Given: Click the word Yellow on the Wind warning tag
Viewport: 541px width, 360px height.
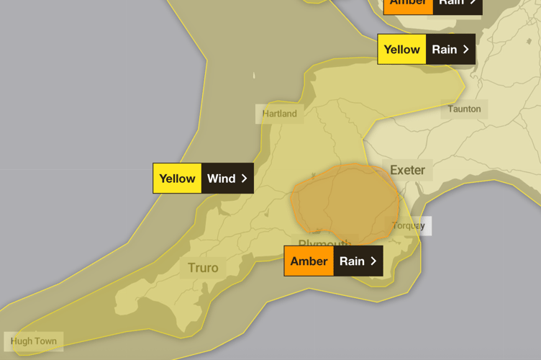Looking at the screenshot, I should coord(177,179).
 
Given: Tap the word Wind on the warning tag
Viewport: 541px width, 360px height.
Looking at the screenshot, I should coord(221,179).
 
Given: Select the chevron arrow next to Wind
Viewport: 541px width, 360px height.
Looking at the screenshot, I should coord(245,179).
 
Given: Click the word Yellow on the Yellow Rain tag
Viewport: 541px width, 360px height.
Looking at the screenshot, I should coord(401,50).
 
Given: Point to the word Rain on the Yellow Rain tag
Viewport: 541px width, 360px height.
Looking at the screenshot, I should coord(444,50).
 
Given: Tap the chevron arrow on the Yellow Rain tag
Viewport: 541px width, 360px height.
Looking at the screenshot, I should coord(466,50).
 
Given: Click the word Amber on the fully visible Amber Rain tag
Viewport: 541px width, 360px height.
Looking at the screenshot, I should coord(309,261).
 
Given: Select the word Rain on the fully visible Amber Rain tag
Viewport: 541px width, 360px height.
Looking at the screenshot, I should coord(352,261).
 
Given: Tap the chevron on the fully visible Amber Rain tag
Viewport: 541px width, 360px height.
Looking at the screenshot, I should coord(373,261).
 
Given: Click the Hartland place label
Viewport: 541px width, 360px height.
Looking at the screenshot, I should coord(279,114).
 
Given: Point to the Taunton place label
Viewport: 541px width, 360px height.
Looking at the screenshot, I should coord(464,109).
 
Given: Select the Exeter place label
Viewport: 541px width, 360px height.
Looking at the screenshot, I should coord(407,171).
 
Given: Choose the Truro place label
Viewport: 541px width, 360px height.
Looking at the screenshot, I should coord(202,269).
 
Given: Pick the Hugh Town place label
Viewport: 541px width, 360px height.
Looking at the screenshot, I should coord(33,341).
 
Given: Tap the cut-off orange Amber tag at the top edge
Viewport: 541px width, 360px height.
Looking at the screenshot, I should coord(407,4).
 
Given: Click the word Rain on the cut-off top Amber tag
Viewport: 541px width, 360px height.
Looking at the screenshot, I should coord(452,4).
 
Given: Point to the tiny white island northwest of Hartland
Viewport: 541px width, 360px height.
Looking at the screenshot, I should coord(253,75).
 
